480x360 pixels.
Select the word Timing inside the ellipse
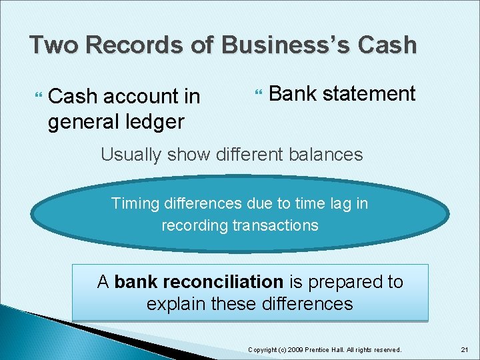click(x=133, y=203)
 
